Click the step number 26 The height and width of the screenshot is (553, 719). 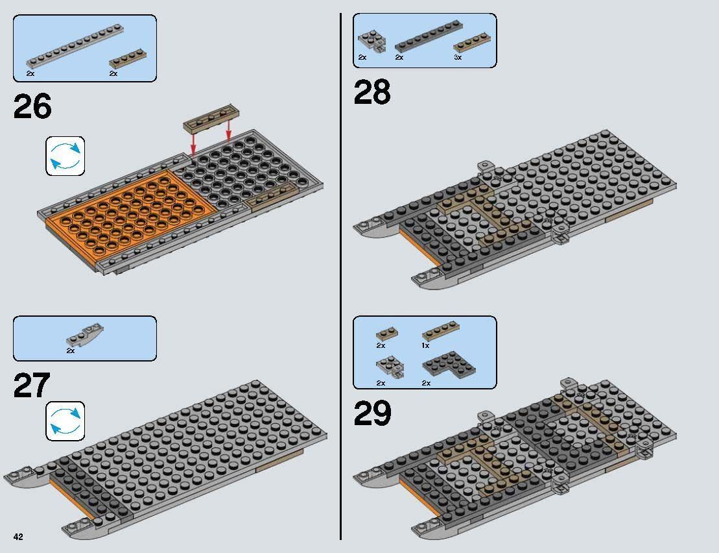tap(32, 107)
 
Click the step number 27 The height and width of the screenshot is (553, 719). tap(31, 386)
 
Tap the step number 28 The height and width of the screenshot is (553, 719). tap(372, 93)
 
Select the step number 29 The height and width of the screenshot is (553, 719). tap(372, 414)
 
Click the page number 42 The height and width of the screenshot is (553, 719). tap(18, 536)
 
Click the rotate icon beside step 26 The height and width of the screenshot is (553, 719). tap(65, 156)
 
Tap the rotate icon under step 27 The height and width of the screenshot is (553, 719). tap(65, 421)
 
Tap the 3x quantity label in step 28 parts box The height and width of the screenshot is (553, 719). tap(457, 58)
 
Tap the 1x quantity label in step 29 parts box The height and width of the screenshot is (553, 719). tap(426, 346)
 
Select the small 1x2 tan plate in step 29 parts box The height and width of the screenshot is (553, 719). tap(386, 334)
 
